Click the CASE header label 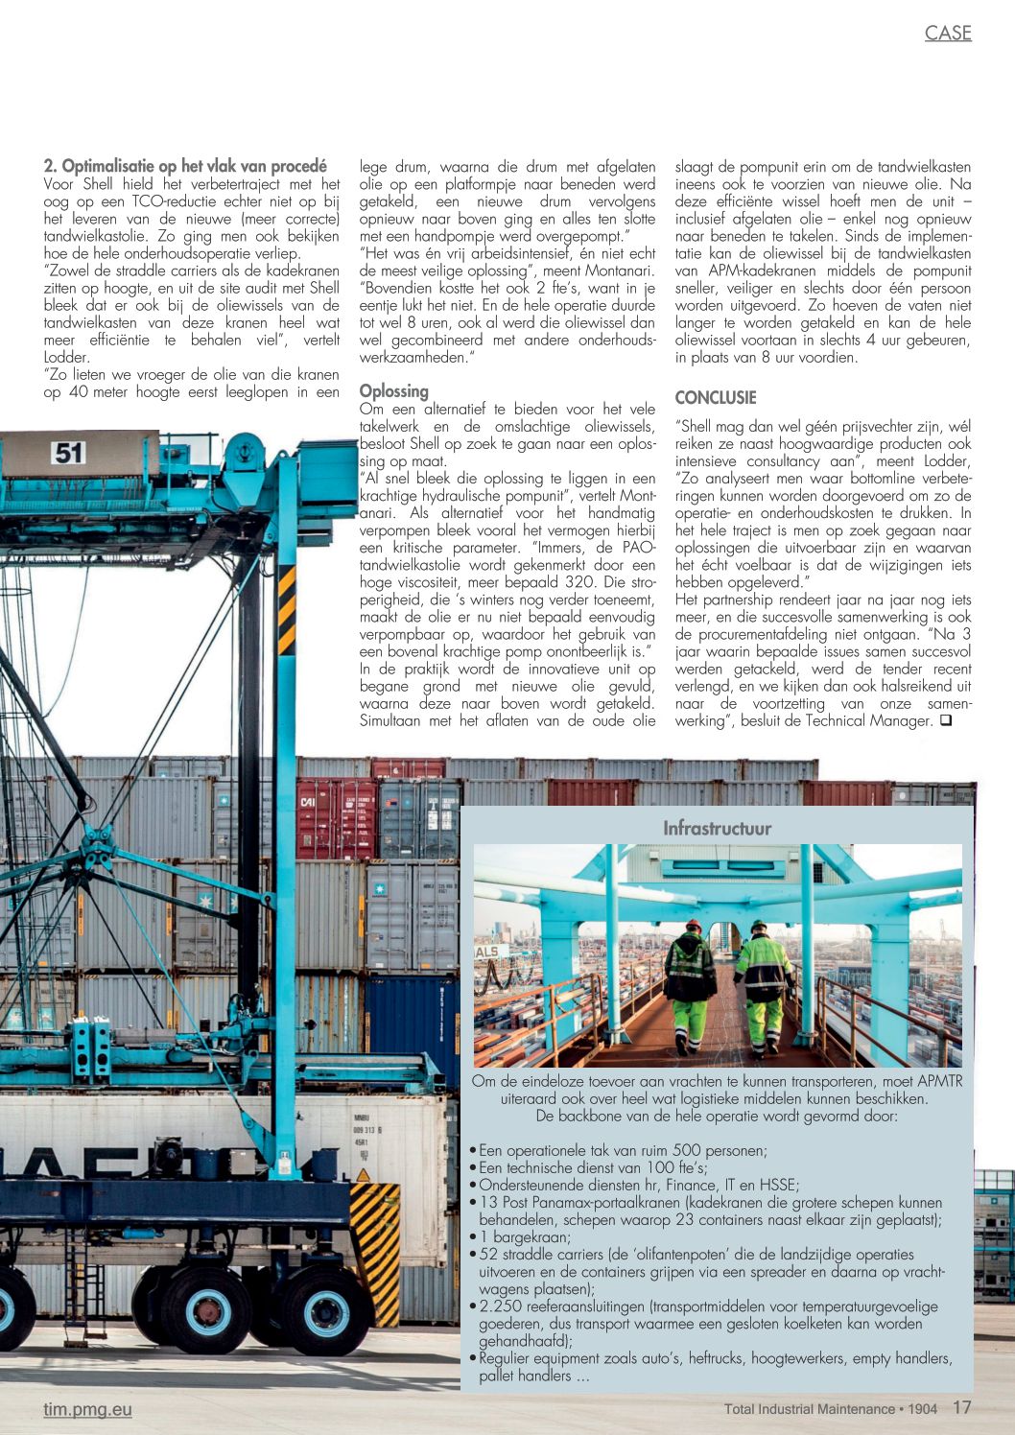pos(947,33)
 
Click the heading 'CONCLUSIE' pos(715,397)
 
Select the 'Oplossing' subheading pos(393,390)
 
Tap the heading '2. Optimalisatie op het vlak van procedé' pos(185,166)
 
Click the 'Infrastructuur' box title pos(717,828)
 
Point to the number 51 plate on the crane pos(69,452)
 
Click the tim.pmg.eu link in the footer pos(87,1409)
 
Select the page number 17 pos(961,1408)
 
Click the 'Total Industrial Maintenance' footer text pos(809,1409)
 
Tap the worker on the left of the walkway pos(690,983)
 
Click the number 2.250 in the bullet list pos(500,1306)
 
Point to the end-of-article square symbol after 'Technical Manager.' pos(945,720)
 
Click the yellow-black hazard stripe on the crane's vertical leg pos(286,609)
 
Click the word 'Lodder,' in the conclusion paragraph pos(943,460)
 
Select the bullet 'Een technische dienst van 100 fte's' pos(593,1167)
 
